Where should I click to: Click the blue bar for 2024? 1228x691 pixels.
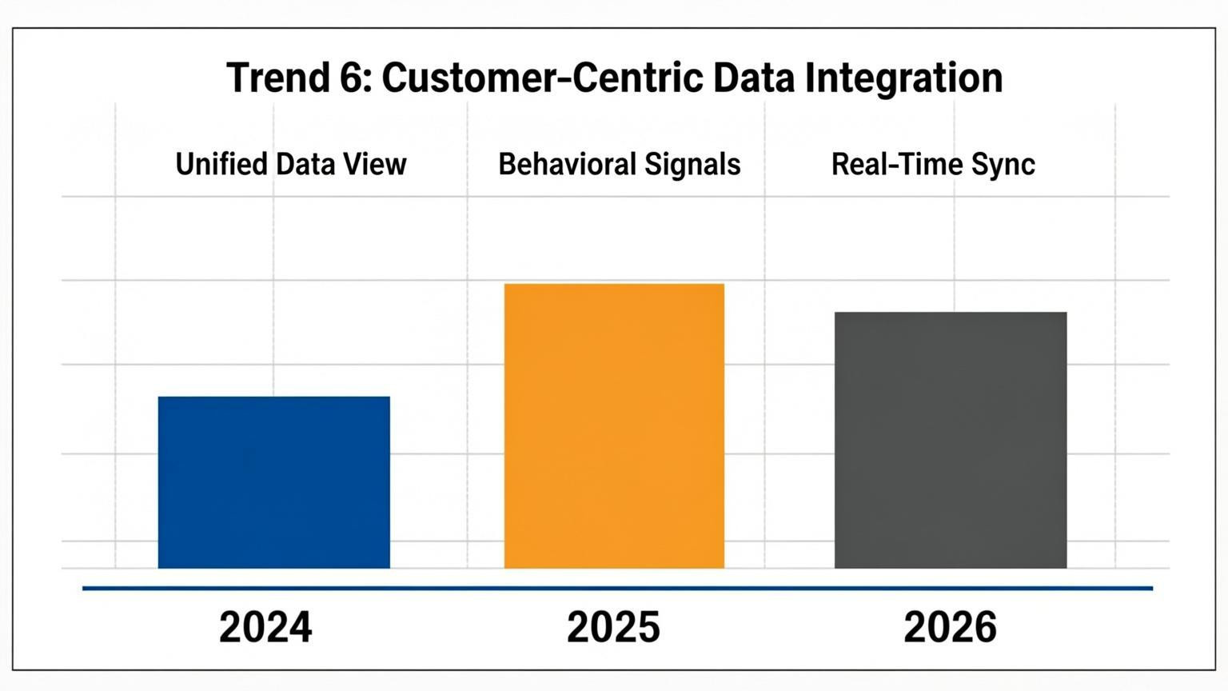coord(273,482)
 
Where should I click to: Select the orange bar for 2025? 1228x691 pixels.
coord(614,426)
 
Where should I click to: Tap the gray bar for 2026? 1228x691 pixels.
coord(951,440)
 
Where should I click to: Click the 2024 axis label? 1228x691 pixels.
coord(265,627)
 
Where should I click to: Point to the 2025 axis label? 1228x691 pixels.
coord(613,627)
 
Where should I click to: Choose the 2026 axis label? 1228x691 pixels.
coord(950,627)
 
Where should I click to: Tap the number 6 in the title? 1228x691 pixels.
coord(352,78)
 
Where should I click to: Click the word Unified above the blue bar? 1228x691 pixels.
coord(221,165)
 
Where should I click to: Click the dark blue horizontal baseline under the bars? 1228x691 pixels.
coord(617,589)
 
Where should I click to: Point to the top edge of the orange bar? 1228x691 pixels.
coord(614,285)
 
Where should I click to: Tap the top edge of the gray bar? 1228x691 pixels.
coord(951,313)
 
